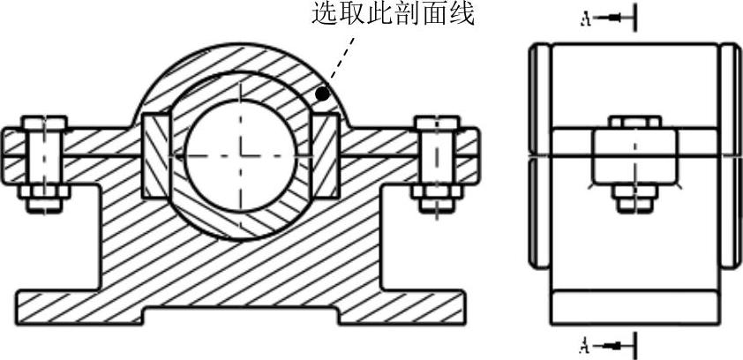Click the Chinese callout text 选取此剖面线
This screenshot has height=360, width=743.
[x=393, y=15]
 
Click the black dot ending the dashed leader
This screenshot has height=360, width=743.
[x=323, y=92]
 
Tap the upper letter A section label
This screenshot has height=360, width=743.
[x=585, y=19]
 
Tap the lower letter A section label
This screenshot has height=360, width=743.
[x=585, y=342]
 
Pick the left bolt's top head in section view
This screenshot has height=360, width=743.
[x=42, y=124]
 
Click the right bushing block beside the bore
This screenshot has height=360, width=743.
[x=326, y=155]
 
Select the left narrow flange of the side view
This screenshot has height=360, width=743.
[x=538, y=155]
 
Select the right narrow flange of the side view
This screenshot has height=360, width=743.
[x=732, y=155]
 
